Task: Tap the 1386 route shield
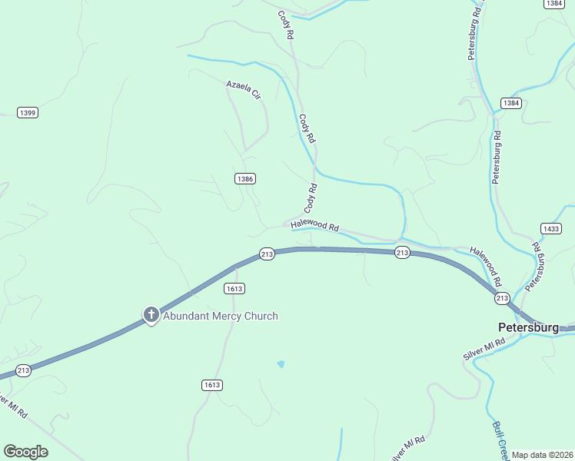(x=245, y=178)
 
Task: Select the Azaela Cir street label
(x=244, y=90)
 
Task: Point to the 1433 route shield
(x=551, y=229)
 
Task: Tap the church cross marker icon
(x=151, y=314)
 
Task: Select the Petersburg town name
(x=530, y=328)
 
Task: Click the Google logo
(x=26, y=452)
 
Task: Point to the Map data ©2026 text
(x=542, y=455)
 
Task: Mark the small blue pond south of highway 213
(x=281, y=363)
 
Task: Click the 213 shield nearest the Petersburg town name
(x=502, y=297)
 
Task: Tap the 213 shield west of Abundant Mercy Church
(x=23, y=370)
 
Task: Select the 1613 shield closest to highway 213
(x=234, y=288)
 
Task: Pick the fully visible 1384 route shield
(x=511, y=103)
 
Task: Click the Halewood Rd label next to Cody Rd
(x=315, y=226)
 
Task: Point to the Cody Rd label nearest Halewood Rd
(x=311, y=197)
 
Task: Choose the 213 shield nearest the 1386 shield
(x=267, y=254)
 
